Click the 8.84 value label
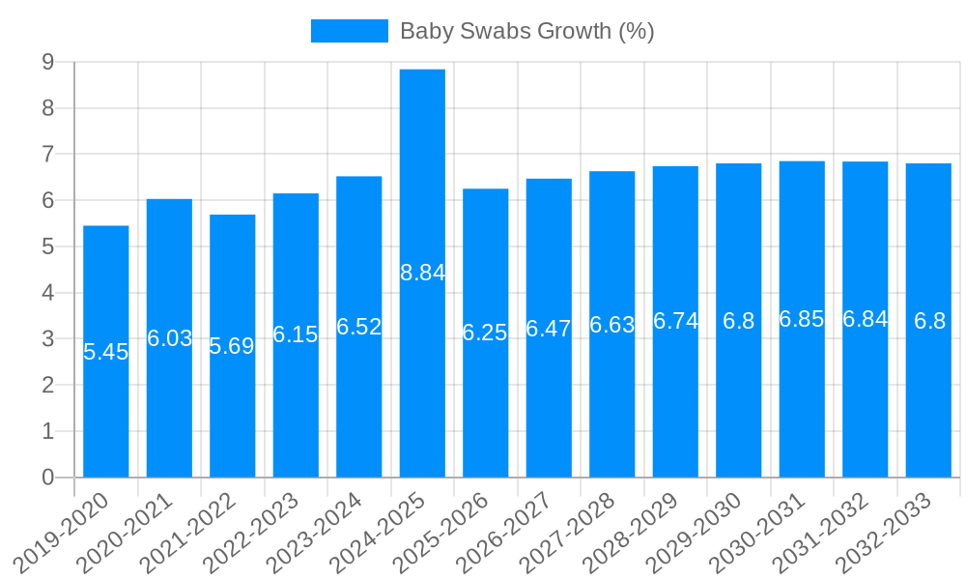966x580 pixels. coord(422,273)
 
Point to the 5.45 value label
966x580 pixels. coord(106,352)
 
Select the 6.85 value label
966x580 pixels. coord(802,319)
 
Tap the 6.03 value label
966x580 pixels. coord(169,338)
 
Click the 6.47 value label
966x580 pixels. coord(549,329)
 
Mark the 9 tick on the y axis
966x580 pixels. coord(47,62)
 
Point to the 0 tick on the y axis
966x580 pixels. coord(47,478)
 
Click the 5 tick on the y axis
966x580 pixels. coord(47,246)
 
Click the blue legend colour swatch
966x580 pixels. coord(349,31)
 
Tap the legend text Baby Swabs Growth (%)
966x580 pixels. coord(526,31)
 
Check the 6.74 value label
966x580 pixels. coord(675,321)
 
